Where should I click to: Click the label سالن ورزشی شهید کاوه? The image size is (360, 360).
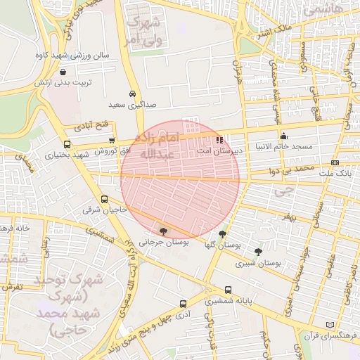coord(68,54)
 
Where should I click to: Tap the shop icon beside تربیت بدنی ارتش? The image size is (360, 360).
coord(64,71)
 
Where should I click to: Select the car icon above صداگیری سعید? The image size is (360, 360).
coord(132,94)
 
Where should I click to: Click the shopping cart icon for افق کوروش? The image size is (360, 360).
coord(112,141)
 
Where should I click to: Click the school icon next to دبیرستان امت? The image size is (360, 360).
coord(220,139)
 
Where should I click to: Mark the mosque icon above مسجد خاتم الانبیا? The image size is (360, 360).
coord(283,136)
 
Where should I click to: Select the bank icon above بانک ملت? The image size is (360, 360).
coord(335,162)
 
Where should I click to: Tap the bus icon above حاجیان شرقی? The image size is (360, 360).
coord(105,199)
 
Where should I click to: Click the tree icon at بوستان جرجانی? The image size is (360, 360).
coord(164,231)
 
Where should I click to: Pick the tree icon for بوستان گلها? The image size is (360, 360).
coord(223,234)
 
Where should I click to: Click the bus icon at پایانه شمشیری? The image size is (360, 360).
coord(228,290)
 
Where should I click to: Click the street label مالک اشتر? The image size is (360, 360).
coord(271,31)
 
